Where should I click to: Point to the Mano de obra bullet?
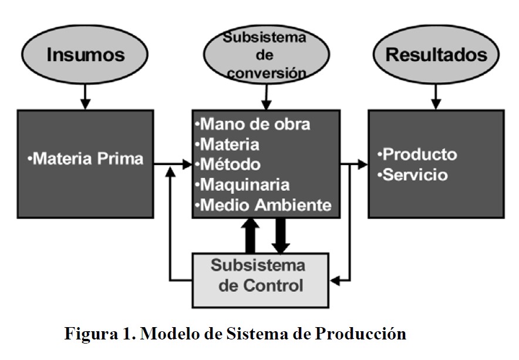[255, 125]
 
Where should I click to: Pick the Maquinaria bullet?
[245, 184]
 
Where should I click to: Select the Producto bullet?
[417, 154]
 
